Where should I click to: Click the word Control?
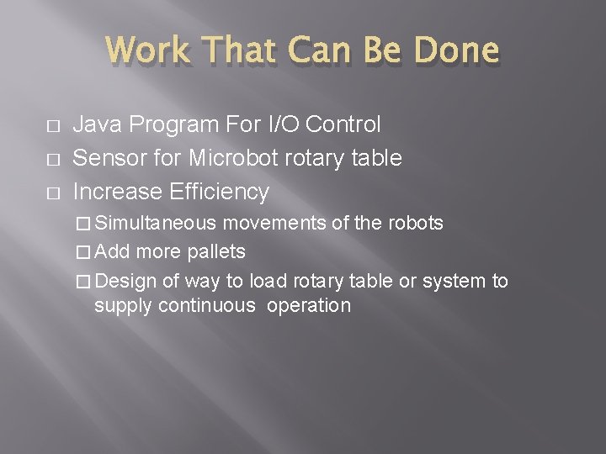click(x=343, y=125)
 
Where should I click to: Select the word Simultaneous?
click(x=156, y=224)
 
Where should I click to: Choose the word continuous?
click(x=203, y=305)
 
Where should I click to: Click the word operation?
click(x=309, y=305)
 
